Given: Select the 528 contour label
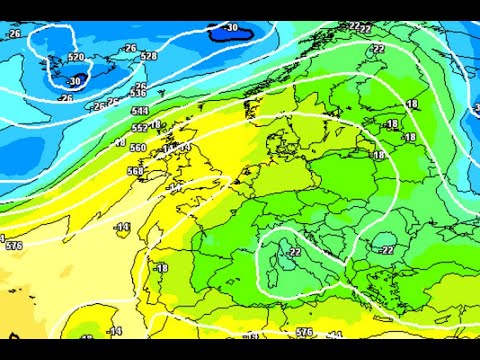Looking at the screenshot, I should coord(148,57).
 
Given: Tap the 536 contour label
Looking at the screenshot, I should coord(138,92).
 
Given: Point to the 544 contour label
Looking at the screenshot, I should coord(139,111).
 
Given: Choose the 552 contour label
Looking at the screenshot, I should coord(139,128).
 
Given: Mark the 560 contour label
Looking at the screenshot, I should coord(137,147).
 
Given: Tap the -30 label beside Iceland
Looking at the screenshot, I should coord(76,81).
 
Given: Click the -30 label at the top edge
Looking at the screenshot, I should coord(232,28).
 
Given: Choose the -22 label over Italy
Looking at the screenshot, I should coord(293,252).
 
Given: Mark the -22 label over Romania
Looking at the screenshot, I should coord(384,249).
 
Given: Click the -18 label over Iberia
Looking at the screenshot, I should coord(160,268).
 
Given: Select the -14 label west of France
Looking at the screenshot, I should coord(123,228).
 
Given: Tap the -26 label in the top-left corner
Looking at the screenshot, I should coord(13,33).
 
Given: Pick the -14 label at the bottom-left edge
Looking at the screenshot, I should coord(115,331).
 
